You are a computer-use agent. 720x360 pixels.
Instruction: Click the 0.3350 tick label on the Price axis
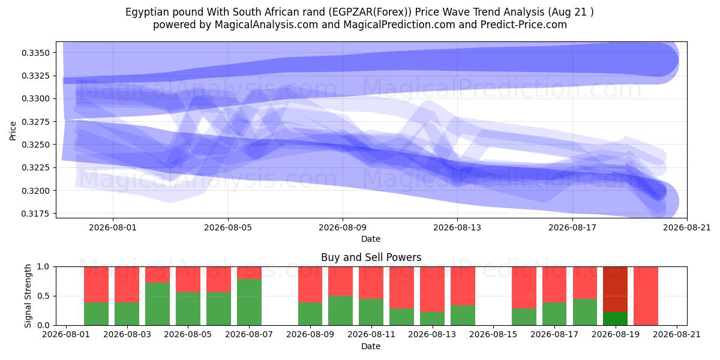(35, 53)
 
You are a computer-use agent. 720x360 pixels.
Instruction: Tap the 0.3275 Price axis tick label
(35, 122)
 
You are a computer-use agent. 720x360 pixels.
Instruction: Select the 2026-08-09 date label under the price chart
(343, 227)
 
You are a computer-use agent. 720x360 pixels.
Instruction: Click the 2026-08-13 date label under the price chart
(457, 227)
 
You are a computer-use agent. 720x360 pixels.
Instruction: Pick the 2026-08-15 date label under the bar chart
(493, 334)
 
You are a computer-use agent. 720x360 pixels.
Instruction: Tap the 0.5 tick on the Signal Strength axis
(44, 296)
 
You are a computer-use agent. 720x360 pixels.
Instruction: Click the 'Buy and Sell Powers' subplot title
(371, 257)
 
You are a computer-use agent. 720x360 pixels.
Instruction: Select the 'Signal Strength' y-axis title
(28, 296)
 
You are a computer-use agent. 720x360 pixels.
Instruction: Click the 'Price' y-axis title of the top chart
(13, 131)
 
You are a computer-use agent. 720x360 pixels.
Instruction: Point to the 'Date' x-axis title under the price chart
(371, 239)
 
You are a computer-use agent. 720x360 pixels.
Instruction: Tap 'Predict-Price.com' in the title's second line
(524, 25)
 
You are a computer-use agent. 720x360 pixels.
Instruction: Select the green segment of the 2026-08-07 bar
(250, 302)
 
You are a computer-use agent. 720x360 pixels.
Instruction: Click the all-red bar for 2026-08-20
(646, 296)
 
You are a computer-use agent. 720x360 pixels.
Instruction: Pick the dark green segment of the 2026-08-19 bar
(616, 319)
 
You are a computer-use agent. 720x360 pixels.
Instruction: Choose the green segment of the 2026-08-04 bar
(157, 304)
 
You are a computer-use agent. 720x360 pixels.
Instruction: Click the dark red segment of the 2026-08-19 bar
(616, 289)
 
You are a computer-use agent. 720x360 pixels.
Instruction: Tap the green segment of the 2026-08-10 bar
(340, 311)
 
